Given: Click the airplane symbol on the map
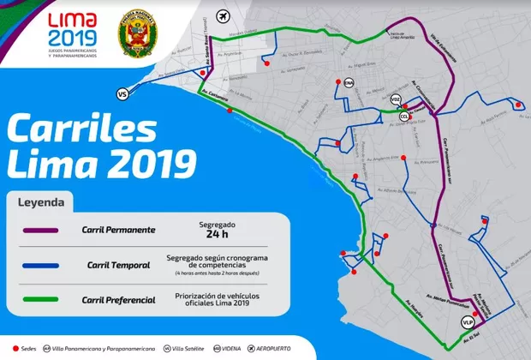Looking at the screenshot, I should [x=224, y=16].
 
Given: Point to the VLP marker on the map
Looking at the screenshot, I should [x=467, y=321].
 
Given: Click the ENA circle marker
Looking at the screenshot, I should [x=349, y=82].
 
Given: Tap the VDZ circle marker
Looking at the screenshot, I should [x=395, y=99].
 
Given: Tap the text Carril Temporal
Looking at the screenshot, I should [x=121, y=265].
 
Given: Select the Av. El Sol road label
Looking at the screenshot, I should [x=468, y=337].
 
